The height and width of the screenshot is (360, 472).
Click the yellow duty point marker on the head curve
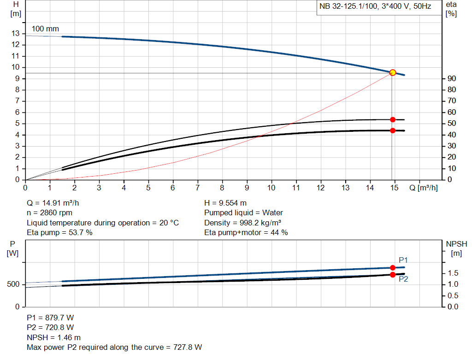tap(393, 72)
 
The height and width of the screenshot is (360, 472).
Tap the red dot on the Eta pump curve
tap(393, 119)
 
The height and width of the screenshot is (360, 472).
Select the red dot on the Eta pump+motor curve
tap(393, 130)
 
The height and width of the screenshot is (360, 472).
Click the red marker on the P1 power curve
tap(393, 268)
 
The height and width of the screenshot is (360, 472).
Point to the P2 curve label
tap(403, 279)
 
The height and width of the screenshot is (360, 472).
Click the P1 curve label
tap(403, 260)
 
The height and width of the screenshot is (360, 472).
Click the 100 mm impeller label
tap(45, 29)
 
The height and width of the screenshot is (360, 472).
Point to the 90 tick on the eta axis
tap(452, 79)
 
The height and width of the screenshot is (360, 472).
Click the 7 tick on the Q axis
tap(198, 188)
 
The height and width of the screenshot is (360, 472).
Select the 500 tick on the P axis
tap(12, 284)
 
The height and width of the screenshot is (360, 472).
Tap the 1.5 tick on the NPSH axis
tap(453, 273)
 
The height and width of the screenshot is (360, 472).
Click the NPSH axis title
tap(454, 248)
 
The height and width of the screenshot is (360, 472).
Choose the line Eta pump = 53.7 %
tap(59, 232)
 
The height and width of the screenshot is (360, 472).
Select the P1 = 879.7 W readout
tap(50, 318)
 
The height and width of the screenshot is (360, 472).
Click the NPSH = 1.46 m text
tap(53, 337)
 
